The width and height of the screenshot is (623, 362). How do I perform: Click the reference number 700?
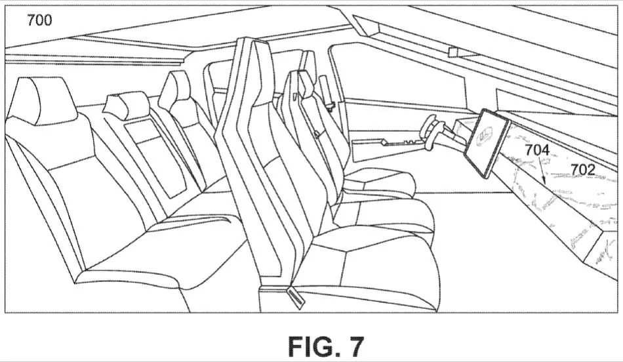(39, 20)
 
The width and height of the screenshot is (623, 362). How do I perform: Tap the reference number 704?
(537, 150)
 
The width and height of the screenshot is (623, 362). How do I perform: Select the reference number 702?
(583, 170)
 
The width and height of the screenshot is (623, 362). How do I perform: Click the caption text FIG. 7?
(326, 346)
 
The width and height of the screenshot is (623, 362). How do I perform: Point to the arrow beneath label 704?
(542, 170)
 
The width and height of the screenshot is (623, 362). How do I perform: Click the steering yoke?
(430, 132)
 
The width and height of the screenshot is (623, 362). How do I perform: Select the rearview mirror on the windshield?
(453, 52)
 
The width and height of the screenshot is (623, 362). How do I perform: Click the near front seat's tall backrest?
(262, 159)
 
